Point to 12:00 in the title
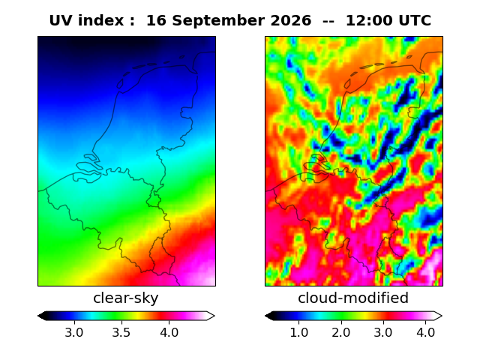(x=369, y=21)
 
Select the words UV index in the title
(x=86, y=21)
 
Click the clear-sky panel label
(x=126, y=298)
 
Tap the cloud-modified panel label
(x=353, y=298)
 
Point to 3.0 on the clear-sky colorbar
(x=74, y=332)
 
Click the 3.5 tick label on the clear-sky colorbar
(x=121, y=332)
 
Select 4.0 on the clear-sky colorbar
(x=169, y=332)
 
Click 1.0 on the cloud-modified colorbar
(x=298, y=332)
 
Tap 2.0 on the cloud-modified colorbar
(x=341, y=332)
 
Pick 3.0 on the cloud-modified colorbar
(x=383, y=332)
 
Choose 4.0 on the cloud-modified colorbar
(x=425, y=332)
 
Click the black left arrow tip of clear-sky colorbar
(x=38, y=316)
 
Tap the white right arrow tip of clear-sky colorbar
(x=214, y=316)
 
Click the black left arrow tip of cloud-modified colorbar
(x=265, y=316)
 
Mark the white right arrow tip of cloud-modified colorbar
(x=442, y=316)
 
